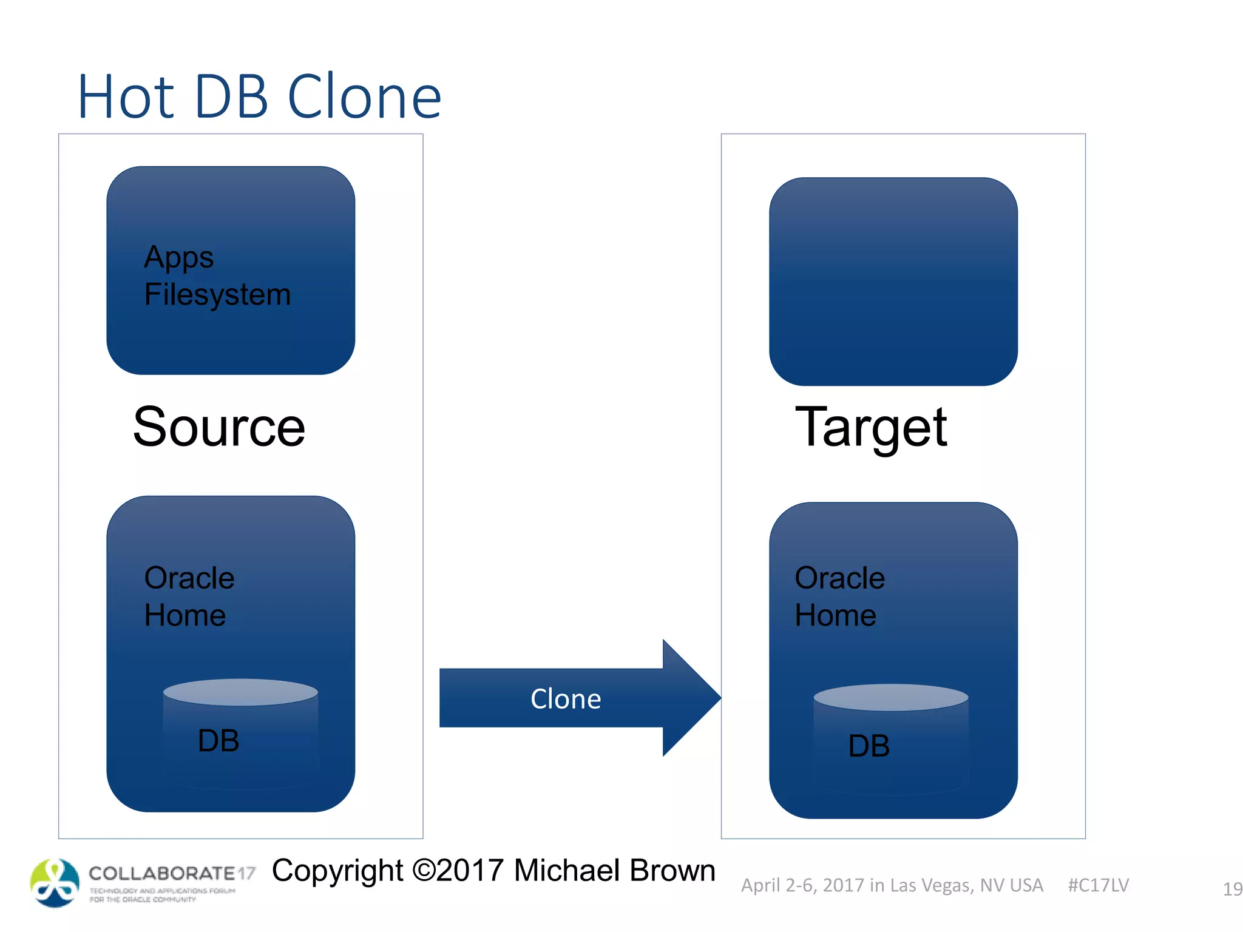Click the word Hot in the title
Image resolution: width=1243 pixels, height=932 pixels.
pyautogui.click(x=126, y=97)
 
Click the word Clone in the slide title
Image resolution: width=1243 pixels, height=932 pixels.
pyautogui.click(x=364, y=97)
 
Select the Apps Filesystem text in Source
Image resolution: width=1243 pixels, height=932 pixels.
pyautogui.click(x=217, y=276)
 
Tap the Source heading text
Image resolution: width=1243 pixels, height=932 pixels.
pyautogui.click(x=219, y=427)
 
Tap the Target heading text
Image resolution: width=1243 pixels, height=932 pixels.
pyautogui.click(x=871, y=427)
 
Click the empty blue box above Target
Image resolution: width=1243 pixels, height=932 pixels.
pyautogui.click(x=893, y=282)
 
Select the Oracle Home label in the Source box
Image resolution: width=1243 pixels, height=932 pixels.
pyautogui.click(x=189, y=596)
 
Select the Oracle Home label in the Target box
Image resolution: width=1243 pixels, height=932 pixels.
pyautogui.click(x=839, y=596)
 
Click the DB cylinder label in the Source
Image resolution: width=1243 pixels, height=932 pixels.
pyautogui.click(x=218, y=741)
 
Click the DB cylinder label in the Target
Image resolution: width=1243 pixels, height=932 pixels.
pyautogui.click(x=869, y=746)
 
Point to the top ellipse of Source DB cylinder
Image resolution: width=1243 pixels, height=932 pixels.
pyautogui.click(x=240, y=692)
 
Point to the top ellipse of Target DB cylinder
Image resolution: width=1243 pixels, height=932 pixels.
pyautogui.click(x=890, y=697)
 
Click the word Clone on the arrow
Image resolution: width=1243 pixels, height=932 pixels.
pyautogui.click(x=566, y=699)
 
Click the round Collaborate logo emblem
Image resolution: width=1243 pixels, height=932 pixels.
pyautogui.click(x=55, y=883)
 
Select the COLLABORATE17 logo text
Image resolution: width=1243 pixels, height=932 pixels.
pyautogui.click(x=172, y=874)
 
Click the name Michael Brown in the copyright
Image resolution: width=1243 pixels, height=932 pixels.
pyautogui.click(x=614, y=871)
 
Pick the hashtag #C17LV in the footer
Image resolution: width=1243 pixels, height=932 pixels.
pyautogui.click(x=1098, y=885)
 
